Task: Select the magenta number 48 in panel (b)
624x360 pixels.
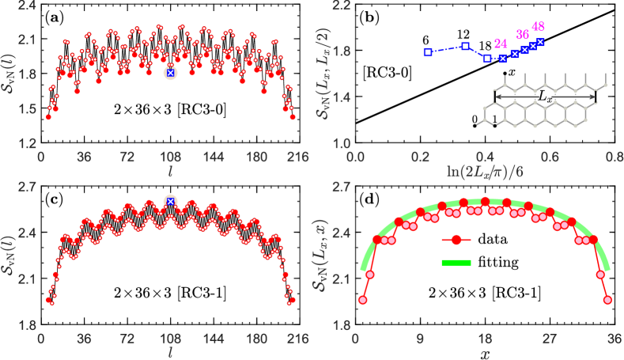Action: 539,28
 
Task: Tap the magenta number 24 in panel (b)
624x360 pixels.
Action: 501,44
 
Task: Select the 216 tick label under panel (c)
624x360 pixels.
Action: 297,335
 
